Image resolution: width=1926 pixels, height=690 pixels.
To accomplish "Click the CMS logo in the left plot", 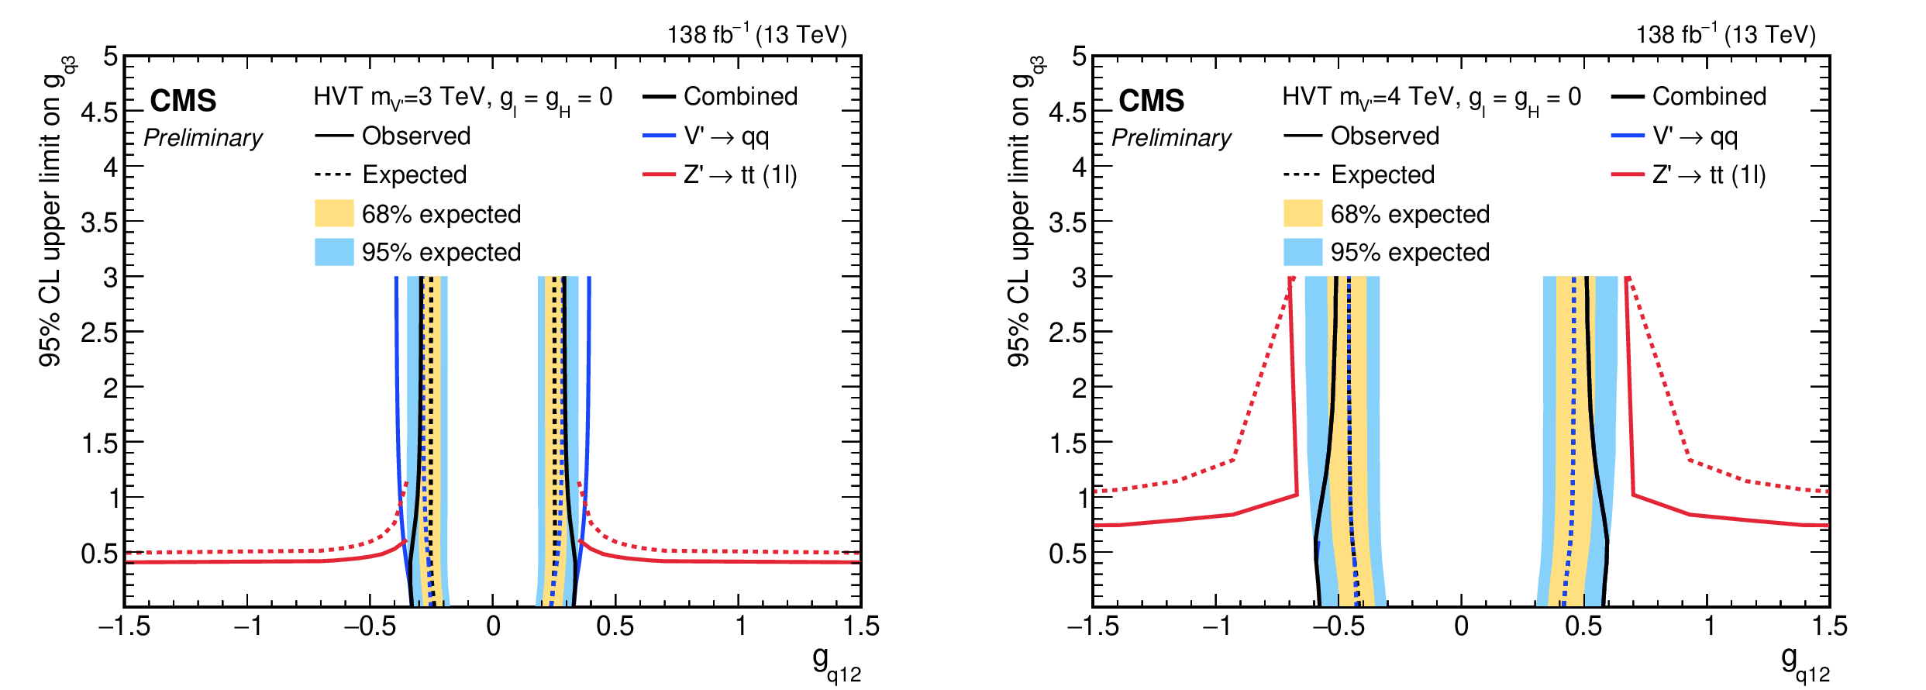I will (x=183, y=101).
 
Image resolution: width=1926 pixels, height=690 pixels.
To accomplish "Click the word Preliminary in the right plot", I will (x=1171, y=138).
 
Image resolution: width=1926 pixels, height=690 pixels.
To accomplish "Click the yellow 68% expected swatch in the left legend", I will (x=334, y=213).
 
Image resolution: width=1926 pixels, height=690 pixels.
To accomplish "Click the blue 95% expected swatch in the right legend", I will (x=1303, y=252).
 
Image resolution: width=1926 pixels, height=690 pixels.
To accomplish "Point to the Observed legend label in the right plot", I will (x=1384, y=136).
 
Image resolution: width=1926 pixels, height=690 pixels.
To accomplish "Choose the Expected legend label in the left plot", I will (x=414, y=174).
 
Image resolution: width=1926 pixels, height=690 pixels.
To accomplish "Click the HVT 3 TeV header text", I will (x=463, y=98).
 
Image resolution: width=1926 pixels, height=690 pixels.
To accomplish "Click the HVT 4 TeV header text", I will (x=1432, y=98).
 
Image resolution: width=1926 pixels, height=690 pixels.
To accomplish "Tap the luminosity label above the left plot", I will (x=757, y=34).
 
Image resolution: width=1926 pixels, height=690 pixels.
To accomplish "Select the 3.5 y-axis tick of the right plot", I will (x=1067, y=223).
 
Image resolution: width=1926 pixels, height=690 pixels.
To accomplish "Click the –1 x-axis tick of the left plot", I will (x=248, y=626).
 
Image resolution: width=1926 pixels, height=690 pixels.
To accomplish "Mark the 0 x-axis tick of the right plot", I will (x=1461, y=626).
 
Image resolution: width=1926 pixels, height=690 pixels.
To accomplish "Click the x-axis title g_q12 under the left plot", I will (x=836, y=664).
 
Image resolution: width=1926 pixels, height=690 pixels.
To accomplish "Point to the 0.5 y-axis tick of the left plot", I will (x=99, y=554).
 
